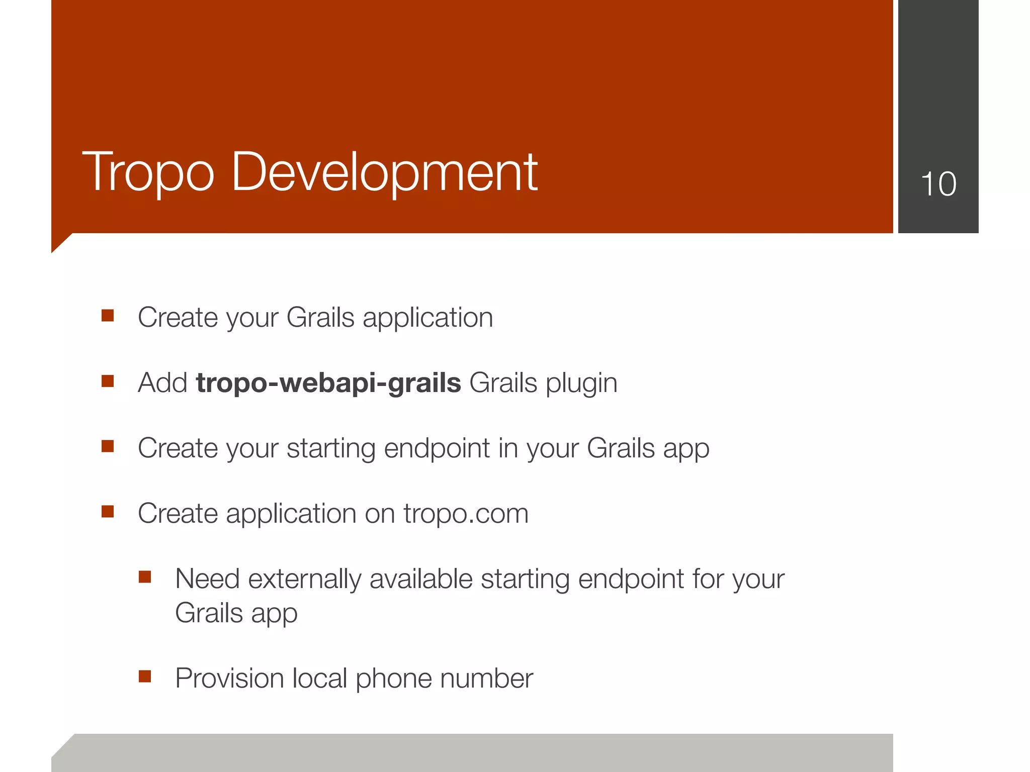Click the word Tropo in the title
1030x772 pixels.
(x=148, y=173)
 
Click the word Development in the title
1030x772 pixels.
(x=384, y=173)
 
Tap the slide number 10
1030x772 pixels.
(x=938, y=184)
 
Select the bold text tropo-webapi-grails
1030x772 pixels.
(x=328, y=383)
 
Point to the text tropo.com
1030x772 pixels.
(x=466, y=514)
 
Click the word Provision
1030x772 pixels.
(x=229, y=679)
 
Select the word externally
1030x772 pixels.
(x=304, y=579)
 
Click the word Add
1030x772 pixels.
(x=162, y=383)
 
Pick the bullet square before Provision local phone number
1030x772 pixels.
(x=145, y=677)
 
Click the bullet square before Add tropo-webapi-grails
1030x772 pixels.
(x=108, y=381)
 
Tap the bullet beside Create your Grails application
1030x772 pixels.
(x=108, y=316)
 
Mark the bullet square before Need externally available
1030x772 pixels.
(x=145, y=576)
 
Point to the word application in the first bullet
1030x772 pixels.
(x=427, y=318)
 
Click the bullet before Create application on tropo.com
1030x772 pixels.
(x=108, y=512)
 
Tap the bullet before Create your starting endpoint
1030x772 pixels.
(x=108, y=446)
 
